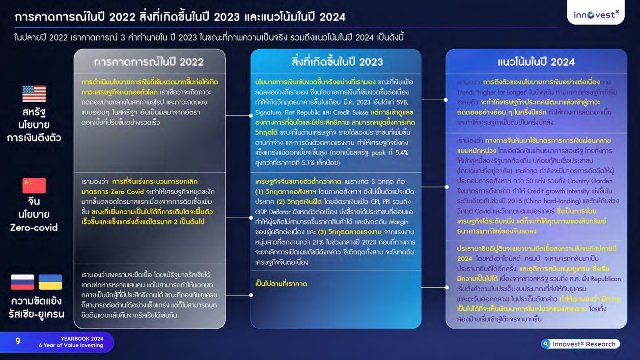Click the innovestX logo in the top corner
point(596,15)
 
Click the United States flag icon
point(34,93)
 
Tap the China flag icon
point(34,185)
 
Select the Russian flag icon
point(22,282)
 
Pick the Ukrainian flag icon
point(50,282)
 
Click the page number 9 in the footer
point(18,341)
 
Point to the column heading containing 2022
point(149,62)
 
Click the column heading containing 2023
point(336,62)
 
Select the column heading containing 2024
point(536,62)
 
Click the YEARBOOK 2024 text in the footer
point(82,338)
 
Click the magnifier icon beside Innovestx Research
point(545,344)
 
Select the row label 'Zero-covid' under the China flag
point(34,227)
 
